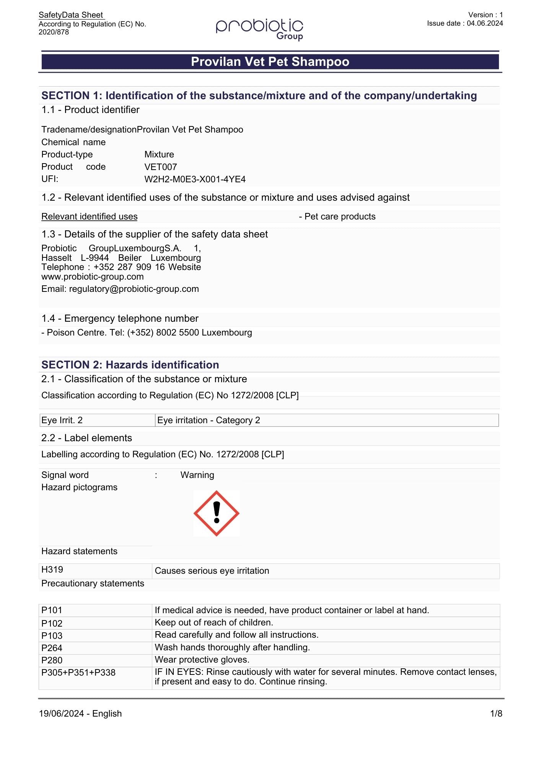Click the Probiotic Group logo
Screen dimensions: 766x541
(x=260, y=28)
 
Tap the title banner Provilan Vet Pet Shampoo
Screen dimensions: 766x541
(x=270, y=62)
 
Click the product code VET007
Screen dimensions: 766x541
(x=160, y=167)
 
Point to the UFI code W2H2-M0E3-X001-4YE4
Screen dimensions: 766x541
(x=195, y=179)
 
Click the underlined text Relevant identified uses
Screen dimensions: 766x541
(x=89, y=217)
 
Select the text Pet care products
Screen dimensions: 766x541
(x=340, y=217)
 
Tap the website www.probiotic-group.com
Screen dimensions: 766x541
(x=93, y=277)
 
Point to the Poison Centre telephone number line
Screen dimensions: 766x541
(x=147, y=332)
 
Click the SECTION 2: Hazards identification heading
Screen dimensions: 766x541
(x=130, y=365)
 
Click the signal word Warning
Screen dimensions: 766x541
(x=197, y=475)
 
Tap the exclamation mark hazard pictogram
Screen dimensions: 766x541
(x=217, y=513)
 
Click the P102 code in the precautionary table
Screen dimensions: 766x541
(x=52, y=623)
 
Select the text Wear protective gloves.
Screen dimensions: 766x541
(x=202, y=660)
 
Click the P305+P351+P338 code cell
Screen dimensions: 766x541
(x=78, y=673)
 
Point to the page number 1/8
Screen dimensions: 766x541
(x=496, y=714)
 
